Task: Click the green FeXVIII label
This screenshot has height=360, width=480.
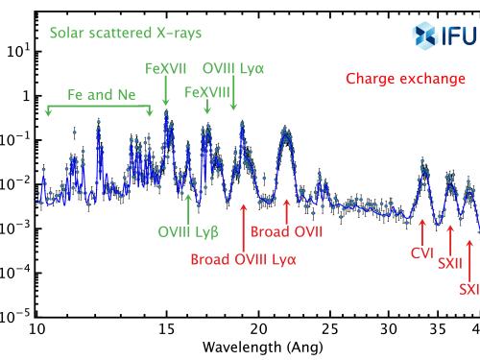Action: pos(205,90)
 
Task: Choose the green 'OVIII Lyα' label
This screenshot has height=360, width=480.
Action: pos(233,70)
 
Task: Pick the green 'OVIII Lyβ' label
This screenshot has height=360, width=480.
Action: pos(188,231)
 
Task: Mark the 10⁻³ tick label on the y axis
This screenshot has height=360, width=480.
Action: pos(15,228)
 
